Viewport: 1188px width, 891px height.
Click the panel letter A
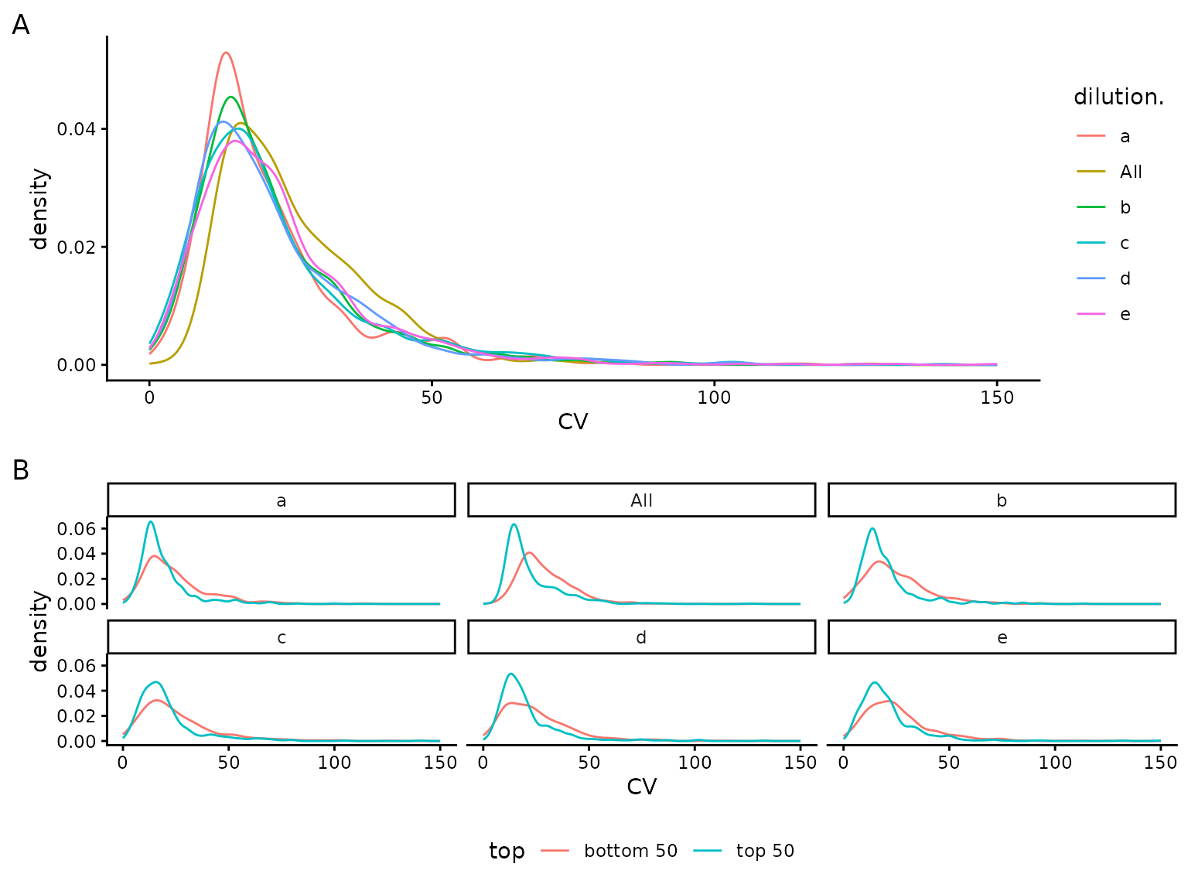click(21, 26)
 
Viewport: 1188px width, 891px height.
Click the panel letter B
click(21, 470)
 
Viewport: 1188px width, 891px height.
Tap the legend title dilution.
click(1118, 97)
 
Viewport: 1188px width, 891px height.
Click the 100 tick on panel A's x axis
click(714, 398)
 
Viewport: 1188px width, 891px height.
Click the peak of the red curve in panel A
click(225, 53)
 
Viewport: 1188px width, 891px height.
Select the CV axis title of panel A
click(572, 422)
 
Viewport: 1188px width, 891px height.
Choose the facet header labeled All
click(641, 500)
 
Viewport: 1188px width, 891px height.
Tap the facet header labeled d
click(641, 637)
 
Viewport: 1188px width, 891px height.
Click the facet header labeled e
click(1002, 637)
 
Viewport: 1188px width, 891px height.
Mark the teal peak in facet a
click(151, 521)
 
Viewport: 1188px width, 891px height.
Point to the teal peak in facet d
click(510, 674)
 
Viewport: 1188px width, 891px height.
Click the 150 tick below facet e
click(1160, 763)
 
